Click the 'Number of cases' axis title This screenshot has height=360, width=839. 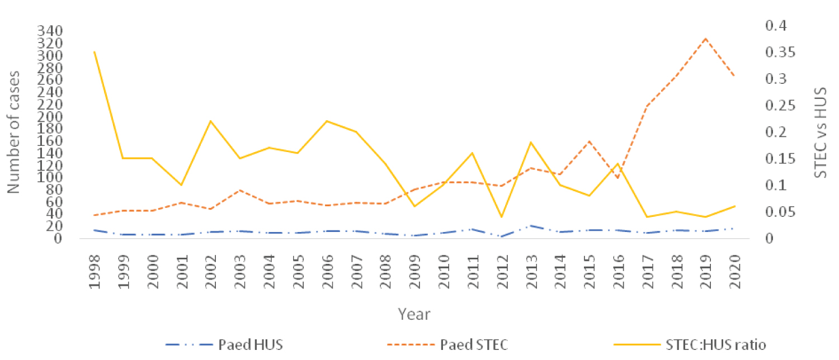14,132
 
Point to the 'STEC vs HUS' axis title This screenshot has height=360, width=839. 819,132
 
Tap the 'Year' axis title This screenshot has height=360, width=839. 414,314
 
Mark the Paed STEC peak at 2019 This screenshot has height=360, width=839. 705,39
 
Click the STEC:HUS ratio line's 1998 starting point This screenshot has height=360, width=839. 94,52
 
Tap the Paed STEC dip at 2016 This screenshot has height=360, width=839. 618,178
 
